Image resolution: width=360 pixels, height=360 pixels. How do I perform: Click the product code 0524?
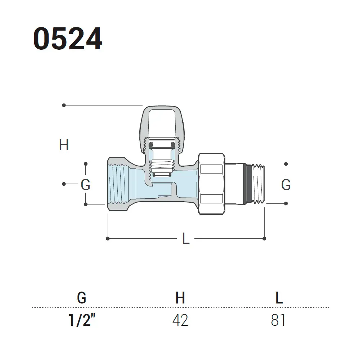[x=68, y=39]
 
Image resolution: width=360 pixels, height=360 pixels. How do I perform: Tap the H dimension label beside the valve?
[x=64, y=145]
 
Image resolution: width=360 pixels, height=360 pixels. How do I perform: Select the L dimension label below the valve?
[x=186, y=238]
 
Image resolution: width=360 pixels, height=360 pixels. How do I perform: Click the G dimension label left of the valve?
[x=85, y=185]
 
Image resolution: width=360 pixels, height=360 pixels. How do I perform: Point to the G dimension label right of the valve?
[x=286, y=185]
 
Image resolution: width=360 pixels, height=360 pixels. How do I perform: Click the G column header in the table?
[x=82, y=298]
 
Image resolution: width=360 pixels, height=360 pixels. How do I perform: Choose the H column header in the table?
[x=180, y=298]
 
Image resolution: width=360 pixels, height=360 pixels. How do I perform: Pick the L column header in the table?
[x=279, y=298]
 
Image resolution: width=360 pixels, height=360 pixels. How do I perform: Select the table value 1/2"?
[x=82, y=320]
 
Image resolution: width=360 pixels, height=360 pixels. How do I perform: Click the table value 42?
[x=180, y=320]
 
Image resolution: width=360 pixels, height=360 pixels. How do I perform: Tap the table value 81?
[x=278, y=320]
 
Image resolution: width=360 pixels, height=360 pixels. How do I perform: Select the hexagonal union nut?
[x=211, y=184]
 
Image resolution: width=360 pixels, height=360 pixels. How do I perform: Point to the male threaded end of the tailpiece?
[x=258, y=184]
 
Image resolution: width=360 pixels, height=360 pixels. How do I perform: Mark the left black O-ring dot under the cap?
[x=151, y=145]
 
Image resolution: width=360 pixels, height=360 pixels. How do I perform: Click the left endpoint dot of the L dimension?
[x=108, y=239]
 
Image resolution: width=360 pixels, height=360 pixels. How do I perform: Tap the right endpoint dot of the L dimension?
[x=264, y=239]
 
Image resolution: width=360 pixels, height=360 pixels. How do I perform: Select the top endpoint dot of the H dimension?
[x=64, y=105]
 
